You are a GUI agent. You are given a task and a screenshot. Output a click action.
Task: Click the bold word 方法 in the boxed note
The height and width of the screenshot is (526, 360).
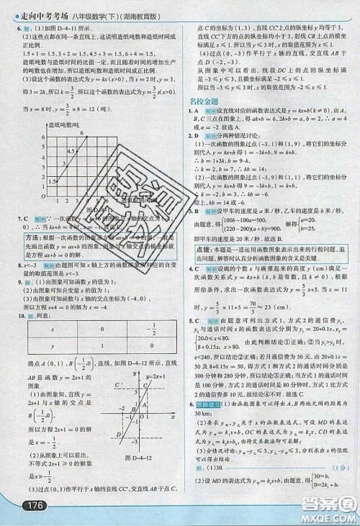click(x=35, y=256)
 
